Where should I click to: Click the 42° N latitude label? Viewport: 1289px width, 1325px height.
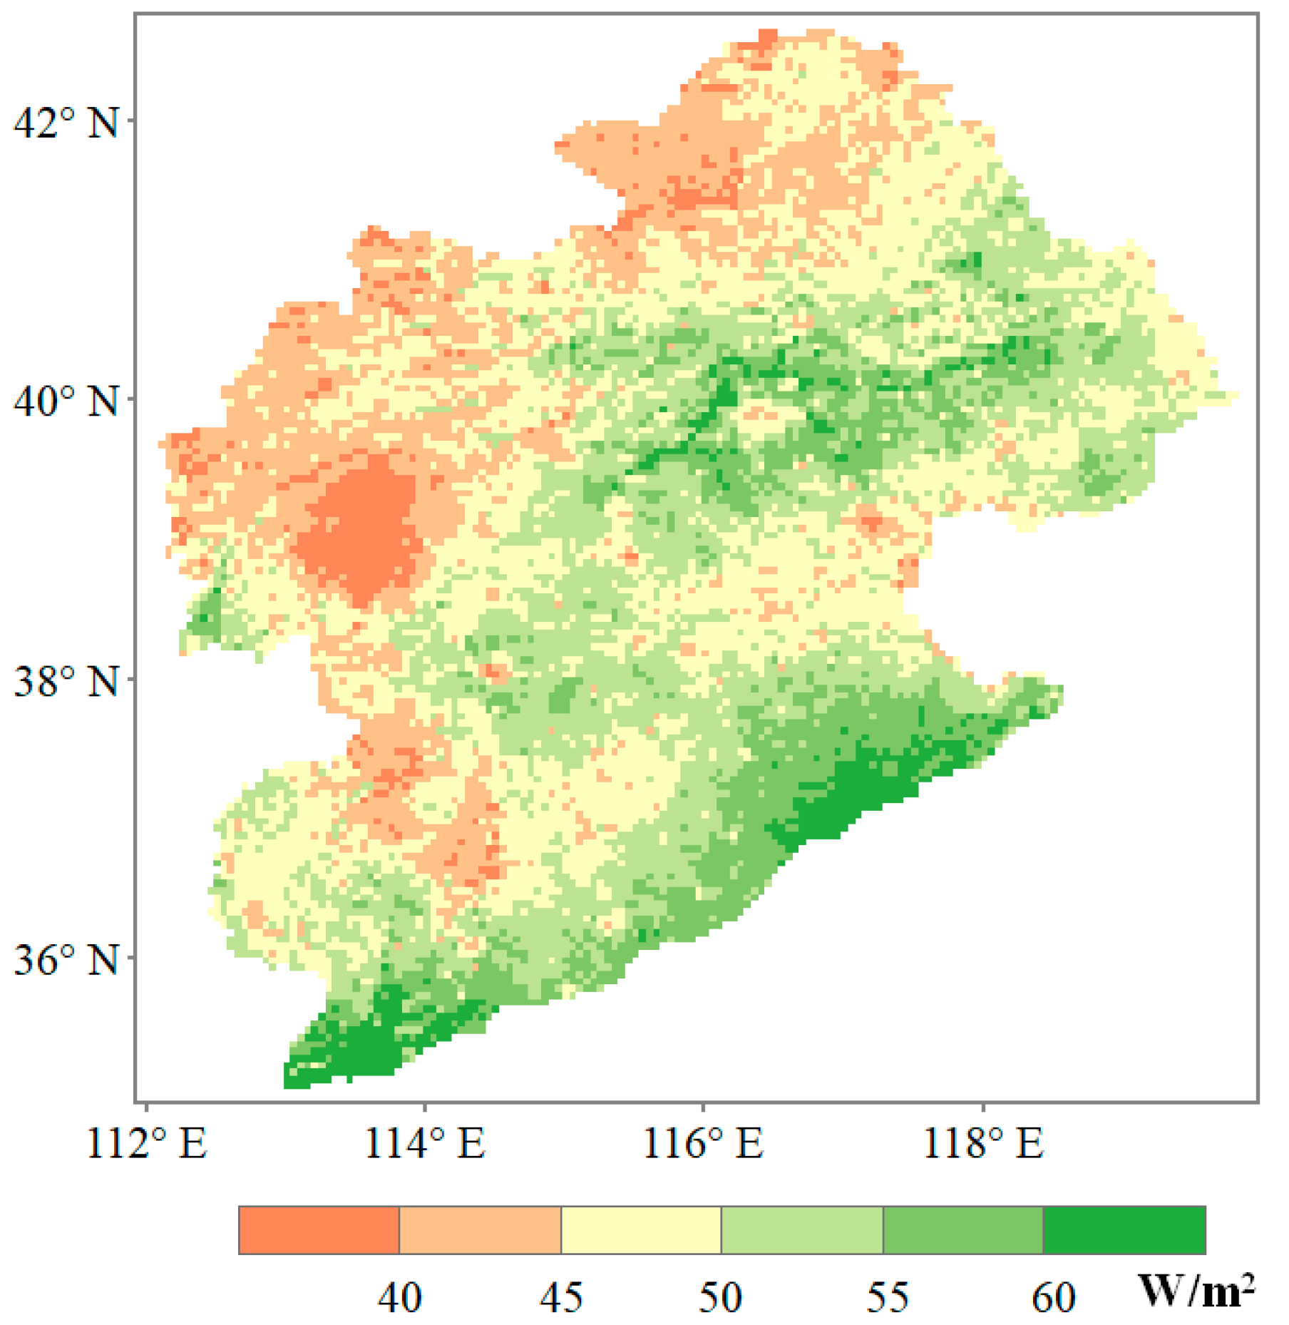[x=66, y=123]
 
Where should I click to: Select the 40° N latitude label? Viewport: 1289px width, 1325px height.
[x=66, y=401]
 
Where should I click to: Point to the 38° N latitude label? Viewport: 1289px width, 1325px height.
[x=66, y=681]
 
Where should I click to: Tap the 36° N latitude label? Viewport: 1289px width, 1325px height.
[x=66, y=960]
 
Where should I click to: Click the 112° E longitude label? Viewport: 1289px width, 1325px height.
[x=146, y=1143]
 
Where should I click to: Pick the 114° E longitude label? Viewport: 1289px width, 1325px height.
[x=425, y=1143]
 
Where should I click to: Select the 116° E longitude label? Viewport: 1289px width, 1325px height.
[x=703, y=1143]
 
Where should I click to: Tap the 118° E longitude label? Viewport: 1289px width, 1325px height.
[x=983, y=1143]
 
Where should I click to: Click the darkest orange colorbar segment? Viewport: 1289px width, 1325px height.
[x=319, y=1230]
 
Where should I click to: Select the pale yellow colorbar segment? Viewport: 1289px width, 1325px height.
[x=641, y=1230]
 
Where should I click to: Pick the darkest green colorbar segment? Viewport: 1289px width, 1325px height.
[x=1124, y=1230]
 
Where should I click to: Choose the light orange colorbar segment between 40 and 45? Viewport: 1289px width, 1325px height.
[x=480, y=1230]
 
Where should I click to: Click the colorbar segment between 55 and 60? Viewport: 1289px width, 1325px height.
[x=963, y=1230]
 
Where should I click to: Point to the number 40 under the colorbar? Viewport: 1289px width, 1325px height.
[x=399, y=1297]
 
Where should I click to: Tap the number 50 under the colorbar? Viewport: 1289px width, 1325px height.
[x=720, y=1297]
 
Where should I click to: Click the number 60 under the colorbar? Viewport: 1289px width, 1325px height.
[x=1053, y=1297]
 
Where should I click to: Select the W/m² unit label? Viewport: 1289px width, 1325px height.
[x=1196, y=1290]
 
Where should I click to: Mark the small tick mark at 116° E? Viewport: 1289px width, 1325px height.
[x=703, y=1107]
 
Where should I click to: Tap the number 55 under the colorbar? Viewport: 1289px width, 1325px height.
[x=888, y=1297]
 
